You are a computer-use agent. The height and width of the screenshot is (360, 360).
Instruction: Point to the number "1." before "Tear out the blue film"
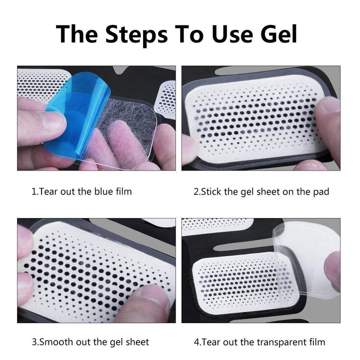34,191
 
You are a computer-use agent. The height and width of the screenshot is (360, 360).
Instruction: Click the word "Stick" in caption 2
211,191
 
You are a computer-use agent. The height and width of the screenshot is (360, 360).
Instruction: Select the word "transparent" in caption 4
275,342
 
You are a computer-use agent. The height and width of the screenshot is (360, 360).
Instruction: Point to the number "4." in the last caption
197,342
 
